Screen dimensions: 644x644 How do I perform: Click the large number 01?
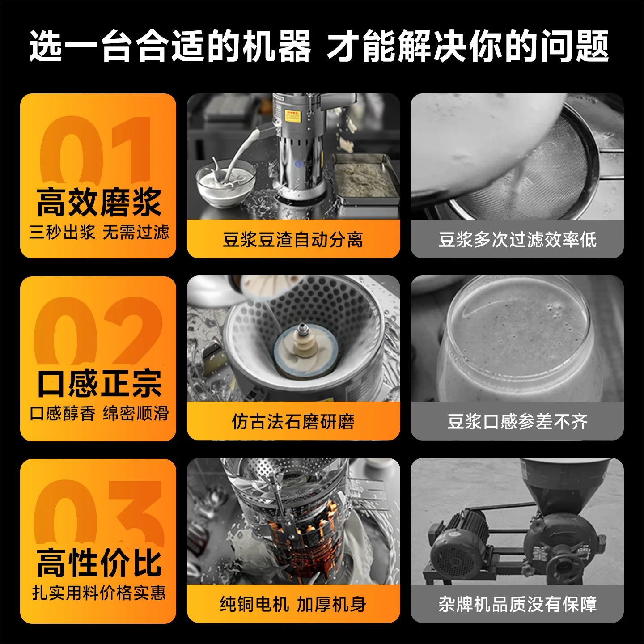coord(95,150)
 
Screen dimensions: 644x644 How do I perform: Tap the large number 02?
coord(98,331)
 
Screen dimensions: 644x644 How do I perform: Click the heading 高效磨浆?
coord(98,203)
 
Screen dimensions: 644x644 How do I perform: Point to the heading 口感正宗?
coord(99,384)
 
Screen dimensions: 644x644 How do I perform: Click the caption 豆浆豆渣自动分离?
coord(293,240)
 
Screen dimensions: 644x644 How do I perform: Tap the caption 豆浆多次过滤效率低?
coord(517,240)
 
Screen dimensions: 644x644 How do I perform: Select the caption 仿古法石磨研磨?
coord(293,421)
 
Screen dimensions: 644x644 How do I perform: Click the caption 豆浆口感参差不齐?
coord(517,421)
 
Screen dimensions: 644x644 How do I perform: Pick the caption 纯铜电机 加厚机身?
coord(293,604)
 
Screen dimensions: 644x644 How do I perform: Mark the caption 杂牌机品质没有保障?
coord(517,604)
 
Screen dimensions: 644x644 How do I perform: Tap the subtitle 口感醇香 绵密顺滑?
coord(99,413)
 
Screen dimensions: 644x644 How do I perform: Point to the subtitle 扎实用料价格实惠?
coord(99,593)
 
